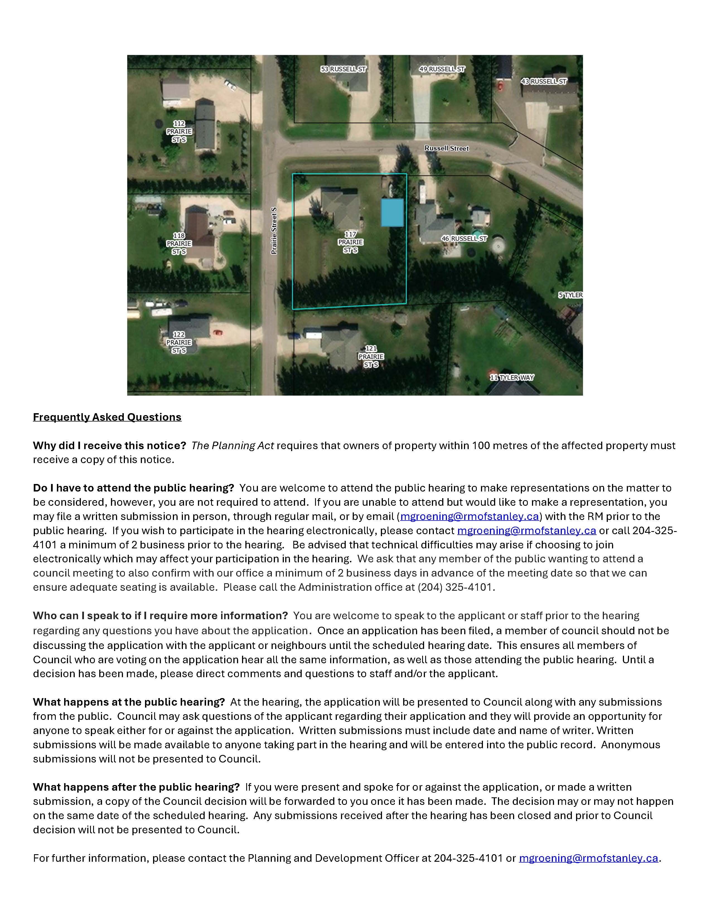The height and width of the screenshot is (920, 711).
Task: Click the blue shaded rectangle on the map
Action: coord(392,213)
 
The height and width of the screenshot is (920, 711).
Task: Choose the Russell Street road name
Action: coord(446,148)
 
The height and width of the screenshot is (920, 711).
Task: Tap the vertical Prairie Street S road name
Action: coord(274,231)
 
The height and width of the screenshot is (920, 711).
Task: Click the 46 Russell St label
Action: coord(464,238)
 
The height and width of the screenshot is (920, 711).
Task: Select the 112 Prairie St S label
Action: coord(179,131)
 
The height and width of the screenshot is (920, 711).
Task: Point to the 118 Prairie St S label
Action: coord(179,243)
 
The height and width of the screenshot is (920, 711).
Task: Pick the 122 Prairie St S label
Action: coord(179,342)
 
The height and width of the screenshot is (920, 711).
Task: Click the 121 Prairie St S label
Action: coord(371,356)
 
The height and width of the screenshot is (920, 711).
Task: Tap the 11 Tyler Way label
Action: coord(511,377)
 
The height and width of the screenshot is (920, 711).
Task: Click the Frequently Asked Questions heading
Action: coord(107,417)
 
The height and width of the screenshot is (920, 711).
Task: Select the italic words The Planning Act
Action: coord(233,446)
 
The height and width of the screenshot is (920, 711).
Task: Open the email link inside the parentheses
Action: coord(470,516)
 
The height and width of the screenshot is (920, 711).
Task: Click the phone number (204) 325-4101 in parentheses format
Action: coord(455,587)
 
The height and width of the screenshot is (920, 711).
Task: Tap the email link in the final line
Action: coord(588,858)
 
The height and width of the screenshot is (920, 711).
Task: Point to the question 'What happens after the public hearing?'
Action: coord(136,787)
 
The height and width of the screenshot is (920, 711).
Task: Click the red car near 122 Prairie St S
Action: coord(217,333)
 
